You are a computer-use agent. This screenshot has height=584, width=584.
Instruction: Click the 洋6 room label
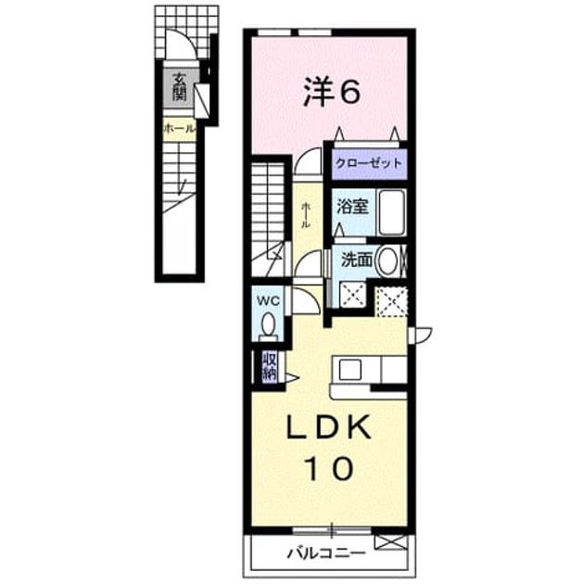tap(331, 92)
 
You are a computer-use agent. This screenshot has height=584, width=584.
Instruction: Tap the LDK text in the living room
tap(329, 426)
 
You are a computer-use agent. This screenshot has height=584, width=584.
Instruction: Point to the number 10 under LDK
tap(328, 467)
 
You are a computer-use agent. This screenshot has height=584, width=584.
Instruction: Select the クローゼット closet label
tap(369, 163)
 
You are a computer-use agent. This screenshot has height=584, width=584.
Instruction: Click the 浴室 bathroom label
tap(352, 206)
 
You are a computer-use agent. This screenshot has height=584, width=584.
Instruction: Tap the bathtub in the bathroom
tap(392, 212)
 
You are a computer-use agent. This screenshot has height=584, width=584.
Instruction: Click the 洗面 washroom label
tap(357, 260)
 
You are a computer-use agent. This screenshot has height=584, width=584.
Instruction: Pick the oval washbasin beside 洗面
tap(387, 260)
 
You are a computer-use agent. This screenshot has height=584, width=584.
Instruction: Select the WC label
tap(269, 301)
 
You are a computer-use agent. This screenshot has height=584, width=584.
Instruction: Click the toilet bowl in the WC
tap(268, 326)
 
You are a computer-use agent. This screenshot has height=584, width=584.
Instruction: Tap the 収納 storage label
tap(270, 367)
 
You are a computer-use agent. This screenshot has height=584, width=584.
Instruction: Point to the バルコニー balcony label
tap(325, 553)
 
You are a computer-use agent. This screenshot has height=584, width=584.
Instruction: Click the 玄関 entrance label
tap(179, 87)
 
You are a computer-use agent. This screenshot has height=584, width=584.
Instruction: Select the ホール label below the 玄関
tap(179, 129)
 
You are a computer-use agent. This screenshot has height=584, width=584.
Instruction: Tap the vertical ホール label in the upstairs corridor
tap(306, 215)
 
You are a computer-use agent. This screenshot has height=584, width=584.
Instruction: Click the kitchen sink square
tap(349, 370)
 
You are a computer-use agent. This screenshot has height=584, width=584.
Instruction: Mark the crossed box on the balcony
tap(389, 542)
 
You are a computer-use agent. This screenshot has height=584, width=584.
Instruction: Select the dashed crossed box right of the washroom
tap(390, 301)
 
